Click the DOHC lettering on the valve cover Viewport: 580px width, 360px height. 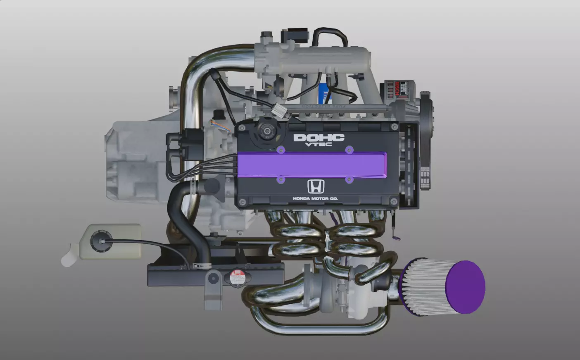point(319,138)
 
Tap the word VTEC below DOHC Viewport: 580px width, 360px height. point(319,144)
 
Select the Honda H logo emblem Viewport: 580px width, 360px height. point(316,187)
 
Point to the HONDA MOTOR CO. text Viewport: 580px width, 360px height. point(315,199)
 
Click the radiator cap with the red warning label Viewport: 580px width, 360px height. point(237,277)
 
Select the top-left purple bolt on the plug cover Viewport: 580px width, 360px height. point(280,149)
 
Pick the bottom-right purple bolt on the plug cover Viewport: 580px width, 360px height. point(349,179)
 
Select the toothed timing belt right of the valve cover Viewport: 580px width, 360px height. point(410,165)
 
